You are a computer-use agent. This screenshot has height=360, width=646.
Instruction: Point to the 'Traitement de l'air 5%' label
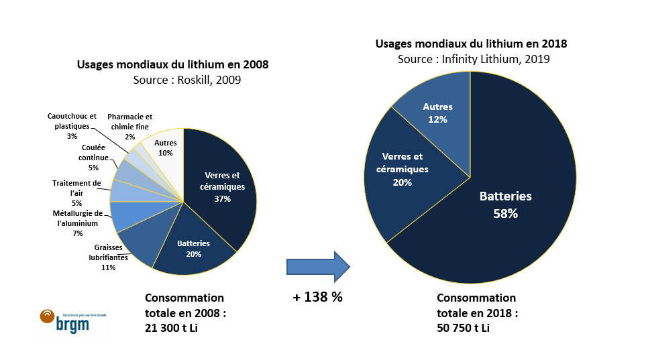76,192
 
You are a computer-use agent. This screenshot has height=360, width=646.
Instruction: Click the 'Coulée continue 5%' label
93,158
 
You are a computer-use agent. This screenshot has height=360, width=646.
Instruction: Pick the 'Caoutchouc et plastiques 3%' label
72,125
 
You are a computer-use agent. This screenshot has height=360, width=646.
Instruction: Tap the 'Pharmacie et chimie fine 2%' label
129,125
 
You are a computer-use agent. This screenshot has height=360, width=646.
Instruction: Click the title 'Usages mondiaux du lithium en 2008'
172,65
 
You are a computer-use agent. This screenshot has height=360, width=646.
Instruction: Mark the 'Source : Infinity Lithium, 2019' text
474,59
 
